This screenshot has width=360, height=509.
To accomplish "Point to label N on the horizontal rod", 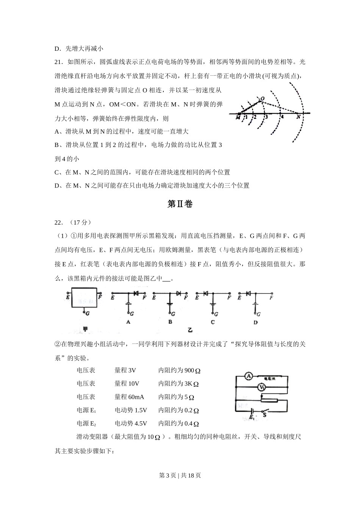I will (298, 117).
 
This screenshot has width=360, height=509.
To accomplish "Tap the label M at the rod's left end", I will (238, 118).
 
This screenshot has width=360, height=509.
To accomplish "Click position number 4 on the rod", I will (282, 117).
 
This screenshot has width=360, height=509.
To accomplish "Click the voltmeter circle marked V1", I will (261, 387).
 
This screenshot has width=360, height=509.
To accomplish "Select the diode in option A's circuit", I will (136, 294).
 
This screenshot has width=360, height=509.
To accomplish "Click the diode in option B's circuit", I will (178, 294).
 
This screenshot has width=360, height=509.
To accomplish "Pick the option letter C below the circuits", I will (213, 322).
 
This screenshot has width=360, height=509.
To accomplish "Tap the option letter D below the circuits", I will (256, 322).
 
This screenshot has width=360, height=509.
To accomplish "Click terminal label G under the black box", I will (87, 314).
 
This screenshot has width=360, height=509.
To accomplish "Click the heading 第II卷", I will (180, 204).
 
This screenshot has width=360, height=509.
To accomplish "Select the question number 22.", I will (58, 222).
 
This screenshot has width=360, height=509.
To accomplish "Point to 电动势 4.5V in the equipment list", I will (131, 423).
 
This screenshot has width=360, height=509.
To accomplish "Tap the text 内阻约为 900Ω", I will (179, 370).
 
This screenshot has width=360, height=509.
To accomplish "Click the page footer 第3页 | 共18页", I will (180, 475).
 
